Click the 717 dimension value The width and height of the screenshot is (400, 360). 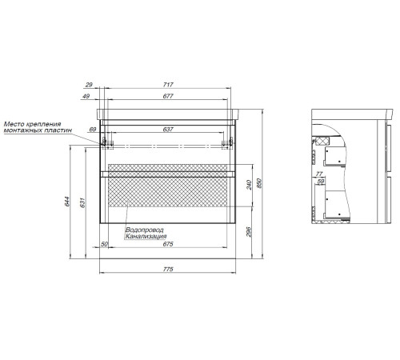coord(168,85)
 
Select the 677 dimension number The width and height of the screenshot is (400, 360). coord(168,96)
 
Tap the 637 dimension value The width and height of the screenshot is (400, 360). coord(168,130)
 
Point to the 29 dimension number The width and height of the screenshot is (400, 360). coord(89,85)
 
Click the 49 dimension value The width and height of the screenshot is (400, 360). coord(86,96)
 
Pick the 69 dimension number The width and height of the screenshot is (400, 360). coord(93,130)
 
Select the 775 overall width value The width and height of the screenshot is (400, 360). coord(168,269)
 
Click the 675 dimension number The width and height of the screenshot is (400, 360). coord(168,244)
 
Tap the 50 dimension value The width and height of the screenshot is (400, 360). coord(104,244)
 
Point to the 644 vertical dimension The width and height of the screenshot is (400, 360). coord(67,202)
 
